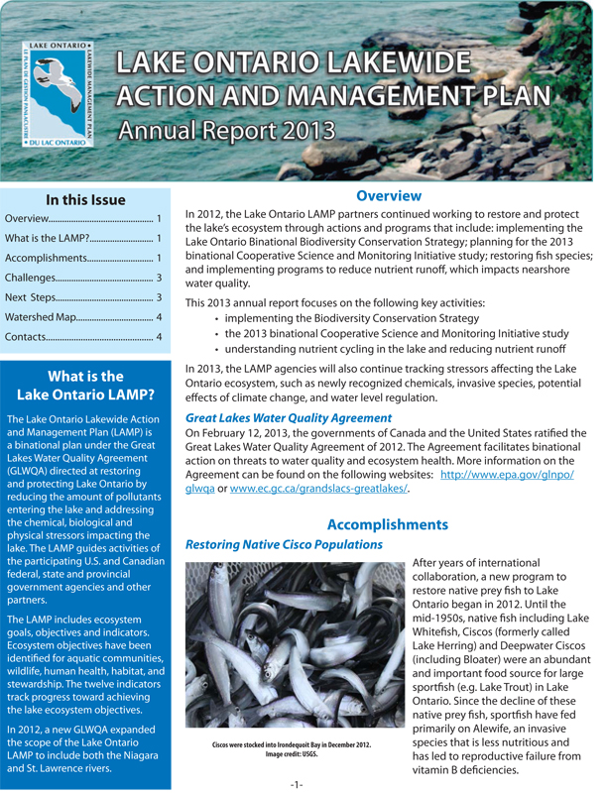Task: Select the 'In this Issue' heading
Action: point(86,198)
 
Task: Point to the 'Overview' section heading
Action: point(389,196)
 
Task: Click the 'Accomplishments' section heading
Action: point(388,524)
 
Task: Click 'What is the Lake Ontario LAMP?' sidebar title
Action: point(85,386)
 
